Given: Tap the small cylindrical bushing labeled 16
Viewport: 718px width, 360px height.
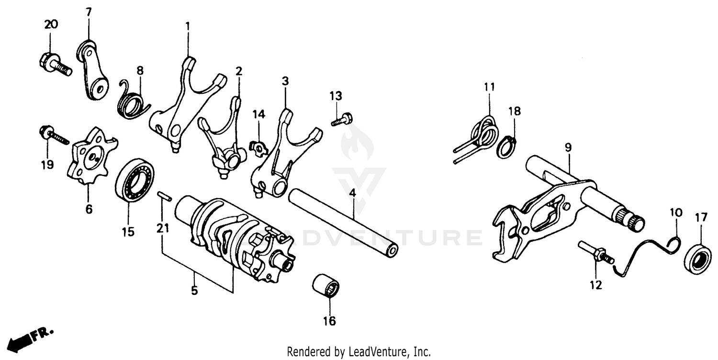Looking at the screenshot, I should (x=326, y=286).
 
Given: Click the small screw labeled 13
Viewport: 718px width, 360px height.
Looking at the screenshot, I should (x=342, y=118).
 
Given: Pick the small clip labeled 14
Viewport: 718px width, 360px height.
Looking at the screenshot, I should (x=259, y=149).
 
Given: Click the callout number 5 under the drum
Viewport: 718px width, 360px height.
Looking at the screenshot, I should (x=194, y=291).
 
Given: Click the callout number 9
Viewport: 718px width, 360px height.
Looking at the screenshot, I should (x=568, y=147).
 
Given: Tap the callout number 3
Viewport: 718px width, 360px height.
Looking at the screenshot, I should (x=285, y=81).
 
